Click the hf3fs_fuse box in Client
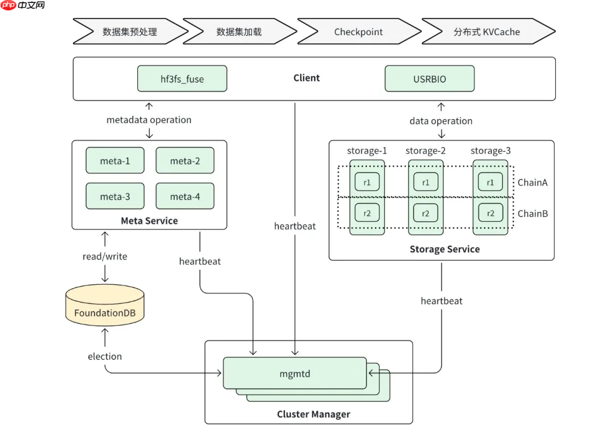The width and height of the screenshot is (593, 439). pos(182,79)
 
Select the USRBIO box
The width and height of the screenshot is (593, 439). pos(429,79)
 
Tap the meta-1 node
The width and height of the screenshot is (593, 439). pos(115,161)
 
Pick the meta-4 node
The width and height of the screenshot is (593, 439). pos(184,196)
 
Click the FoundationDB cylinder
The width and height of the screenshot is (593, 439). pos(105,307)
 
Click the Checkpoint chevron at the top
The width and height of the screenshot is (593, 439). pos(358,32)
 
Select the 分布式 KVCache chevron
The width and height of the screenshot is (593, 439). pos(486,32)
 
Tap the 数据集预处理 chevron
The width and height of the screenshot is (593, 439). pos(130,32)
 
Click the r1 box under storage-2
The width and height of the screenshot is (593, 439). pos(426,182)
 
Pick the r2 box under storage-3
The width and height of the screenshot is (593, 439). pos(490,213)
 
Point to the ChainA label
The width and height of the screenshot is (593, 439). pos(532,183)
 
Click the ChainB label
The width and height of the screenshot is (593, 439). pos(532,213)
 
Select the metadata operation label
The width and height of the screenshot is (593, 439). pos(149,120)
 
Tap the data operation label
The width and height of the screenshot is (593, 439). pos(441,121)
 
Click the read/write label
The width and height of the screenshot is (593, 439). pos(104,256)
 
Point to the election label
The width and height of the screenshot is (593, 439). pos(104,356)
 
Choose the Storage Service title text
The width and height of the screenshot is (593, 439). pos(444,249)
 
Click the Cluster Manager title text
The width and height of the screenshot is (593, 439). pos(313,414)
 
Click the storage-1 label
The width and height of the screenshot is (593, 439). pos(367,151)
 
